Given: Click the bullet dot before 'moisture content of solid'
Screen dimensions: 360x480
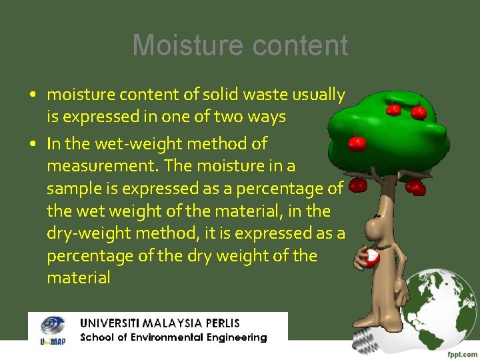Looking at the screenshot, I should [33, 95].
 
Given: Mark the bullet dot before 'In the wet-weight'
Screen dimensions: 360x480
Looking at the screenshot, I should [33, 144].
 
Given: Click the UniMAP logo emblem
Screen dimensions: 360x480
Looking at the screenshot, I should [51, 327].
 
